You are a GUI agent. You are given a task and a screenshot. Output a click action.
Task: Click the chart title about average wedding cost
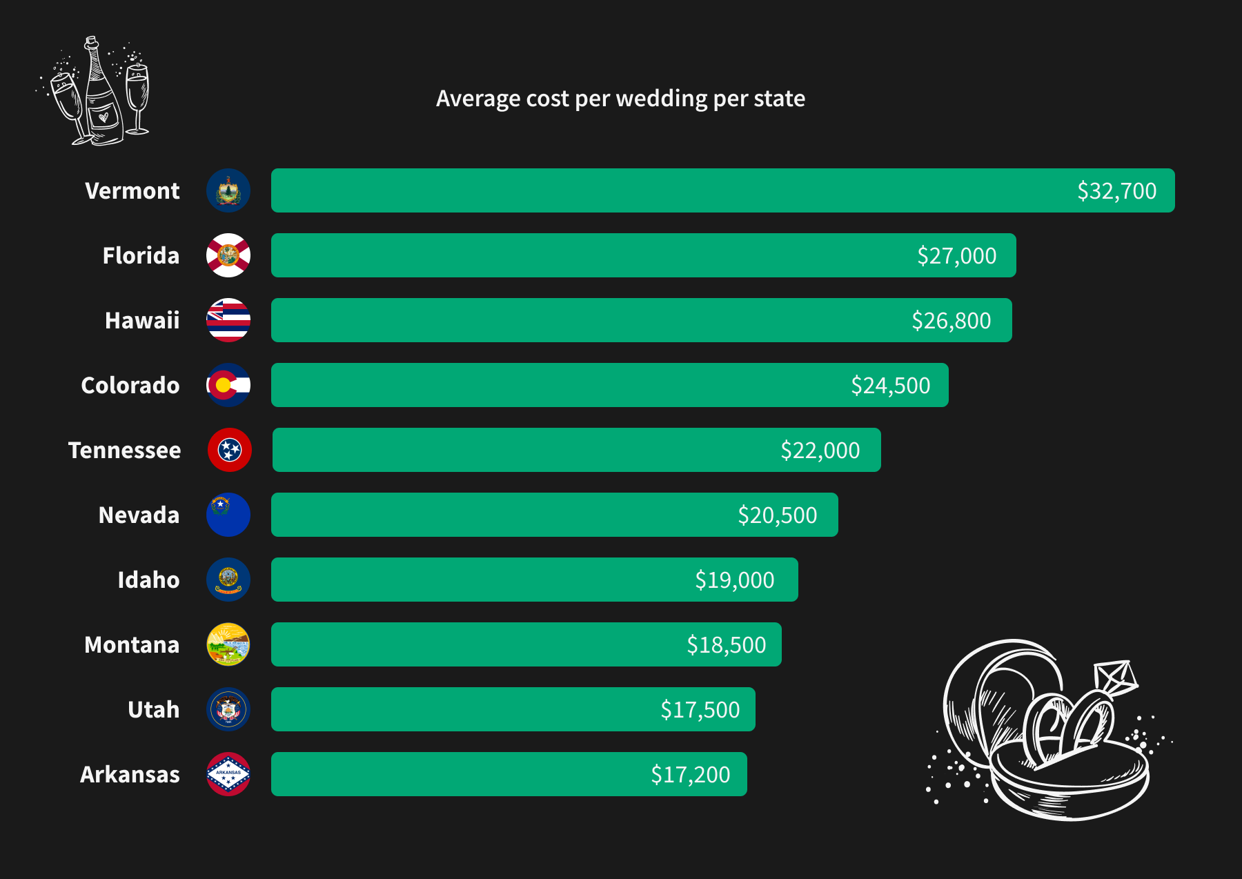[x=620, y=99]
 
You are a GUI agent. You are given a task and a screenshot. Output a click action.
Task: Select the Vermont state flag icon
[x=228, y=190]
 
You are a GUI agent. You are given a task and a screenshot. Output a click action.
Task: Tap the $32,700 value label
[x=1116, y=191]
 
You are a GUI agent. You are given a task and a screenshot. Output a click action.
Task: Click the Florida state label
[x=141, y=256]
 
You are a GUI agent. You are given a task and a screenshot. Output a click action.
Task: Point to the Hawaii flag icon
[x=228, y=320]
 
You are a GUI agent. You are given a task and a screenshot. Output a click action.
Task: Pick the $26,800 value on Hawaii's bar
[x=951, y=321]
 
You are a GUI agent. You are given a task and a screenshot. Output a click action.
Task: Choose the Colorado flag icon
[x=228, y=385]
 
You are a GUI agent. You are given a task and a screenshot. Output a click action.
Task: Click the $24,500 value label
[x=890, y=386]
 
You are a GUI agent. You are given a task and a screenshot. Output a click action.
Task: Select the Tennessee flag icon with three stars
[x=230, y=450]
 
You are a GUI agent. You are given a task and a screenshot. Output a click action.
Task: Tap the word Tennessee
[x=124, y=451]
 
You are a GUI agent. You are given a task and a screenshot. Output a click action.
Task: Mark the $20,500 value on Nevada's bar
[x=777, y=515]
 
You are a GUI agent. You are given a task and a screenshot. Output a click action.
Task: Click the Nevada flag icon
[x=228, y=515]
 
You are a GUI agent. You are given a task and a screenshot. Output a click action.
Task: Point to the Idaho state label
[x=148, y=580]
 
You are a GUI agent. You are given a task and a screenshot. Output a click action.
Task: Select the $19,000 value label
[x=734, y=580]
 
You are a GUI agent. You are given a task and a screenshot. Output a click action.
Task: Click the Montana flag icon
[x=228, y=644]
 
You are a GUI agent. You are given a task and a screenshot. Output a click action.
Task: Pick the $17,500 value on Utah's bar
[x=700, y=710]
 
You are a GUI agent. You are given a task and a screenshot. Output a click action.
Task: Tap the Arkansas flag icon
[x=228, y=774]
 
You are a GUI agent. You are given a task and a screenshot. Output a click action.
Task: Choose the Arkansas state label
[x=130, y=775]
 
